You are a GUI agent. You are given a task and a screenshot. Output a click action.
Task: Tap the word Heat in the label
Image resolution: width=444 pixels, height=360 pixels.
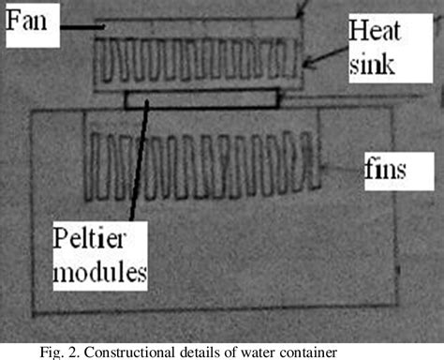coord(369,31)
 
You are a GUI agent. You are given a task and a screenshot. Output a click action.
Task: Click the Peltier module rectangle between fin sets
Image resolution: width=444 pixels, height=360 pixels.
coord(201,97)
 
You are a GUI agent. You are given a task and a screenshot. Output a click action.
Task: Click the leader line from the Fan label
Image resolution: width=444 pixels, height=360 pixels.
coord(81,27)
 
